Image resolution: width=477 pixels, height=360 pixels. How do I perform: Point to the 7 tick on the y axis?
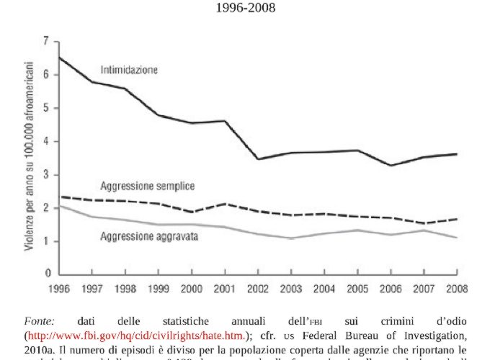click(46, 42)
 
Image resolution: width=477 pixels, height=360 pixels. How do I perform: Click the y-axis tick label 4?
click(46, 142)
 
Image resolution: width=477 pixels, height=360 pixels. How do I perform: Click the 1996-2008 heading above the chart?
click(246, 9)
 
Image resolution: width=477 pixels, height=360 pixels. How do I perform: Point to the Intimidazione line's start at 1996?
click(59, 58)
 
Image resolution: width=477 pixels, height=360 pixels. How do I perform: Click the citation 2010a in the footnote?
click(40, 348)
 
